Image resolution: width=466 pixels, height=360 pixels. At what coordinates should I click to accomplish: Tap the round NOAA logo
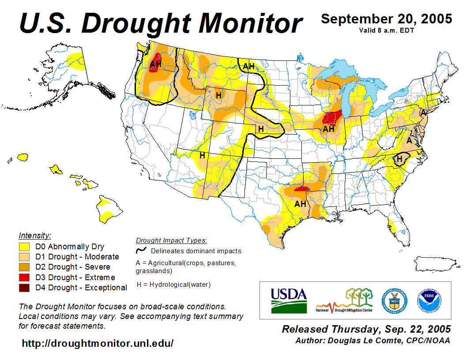428,300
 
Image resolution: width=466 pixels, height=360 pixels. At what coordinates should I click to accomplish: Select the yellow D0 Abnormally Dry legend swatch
24,247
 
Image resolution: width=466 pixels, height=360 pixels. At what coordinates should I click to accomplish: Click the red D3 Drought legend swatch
24,277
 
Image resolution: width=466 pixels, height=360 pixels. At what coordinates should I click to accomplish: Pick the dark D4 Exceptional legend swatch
24,288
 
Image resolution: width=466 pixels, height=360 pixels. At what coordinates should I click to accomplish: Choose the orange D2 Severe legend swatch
24,267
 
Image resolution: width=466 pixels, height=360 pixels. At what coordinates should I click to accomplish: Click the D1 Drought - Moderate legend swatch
24,257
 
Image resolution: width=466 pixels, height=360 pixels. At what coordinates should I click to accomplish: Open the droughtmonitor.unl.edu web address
98,343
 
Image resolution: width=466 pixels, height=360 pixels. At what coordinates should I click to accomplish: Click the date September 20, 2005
386,19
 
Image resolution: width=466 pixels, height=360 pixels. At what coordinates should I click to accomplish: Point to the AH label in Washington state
155,64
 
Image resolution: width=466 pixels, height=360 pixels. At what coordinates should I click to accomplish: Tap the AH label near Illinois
328,129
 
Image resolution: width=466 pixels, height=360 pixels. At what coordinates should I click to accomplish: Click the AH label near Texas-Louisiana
300,204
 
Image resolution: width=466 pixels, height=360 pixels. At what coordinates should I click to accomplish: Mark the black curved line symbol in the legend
142,250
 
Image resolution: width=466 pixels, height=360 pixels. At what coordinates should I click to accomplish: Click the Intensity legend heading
35,235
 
